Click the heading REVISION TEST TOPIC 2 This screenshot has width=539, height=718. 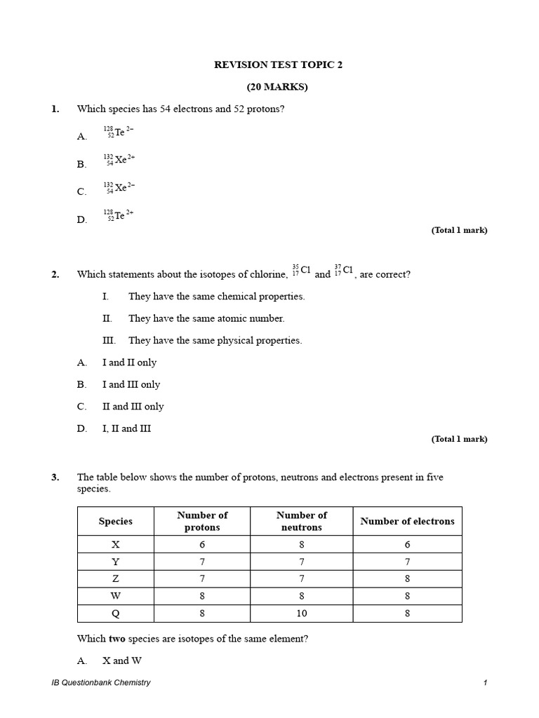tap(278, 65)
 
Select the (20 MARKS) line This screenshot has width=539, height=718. tap(277, 87)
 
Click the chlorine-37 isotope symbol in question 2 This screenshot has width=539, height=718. tap(344, 271)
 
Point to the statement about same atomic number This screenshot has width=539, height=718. tap(206, 318)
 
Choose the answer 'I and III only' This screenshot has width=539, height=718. tap(131, 384)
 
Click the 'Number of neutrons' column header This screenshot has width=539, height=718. tap(302, 521)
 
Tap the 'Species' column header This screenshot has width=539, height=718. tap(115, 521)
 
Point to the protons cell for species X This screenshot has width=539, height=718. tap(202, 544)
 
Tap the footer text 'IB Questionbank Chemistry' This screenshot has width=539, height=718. tap(96, 682)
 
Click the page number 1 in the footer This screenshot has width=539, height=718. tap(484, 682)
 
